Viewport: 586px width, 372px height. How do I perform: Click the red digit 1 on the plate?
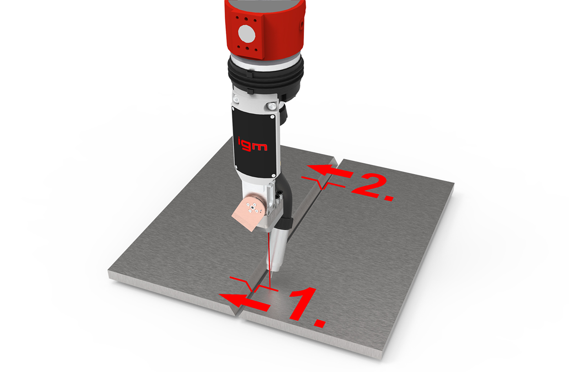304,303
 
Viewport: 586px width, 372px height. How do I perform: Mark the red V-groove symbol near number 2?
323,183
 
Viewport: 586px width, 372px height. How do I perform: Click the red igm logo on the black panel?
252,145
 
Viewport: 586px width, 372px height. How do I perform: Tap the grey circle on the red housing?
246,33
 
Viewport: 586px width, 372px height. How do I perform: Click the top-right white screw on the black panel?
272,117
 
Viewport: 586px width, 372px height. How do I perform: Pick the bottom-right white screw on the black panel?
273,175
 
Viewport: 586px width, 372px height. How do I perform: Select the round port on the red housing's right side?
302,24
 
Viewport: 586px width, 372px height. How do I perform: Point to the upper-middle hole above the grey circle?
246,19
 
